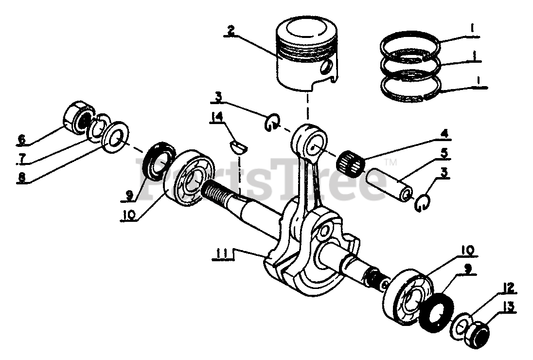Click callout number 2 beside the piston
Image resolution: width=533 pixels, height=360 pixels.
pyautogui.click(x=231, y=30)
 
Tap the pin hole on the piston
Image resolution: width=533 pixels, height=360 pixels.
pyautogui.click(x=329, y=65)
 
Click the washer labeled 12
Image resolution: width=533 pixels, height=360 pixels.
pyautogui.click(x=461, y=324)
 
